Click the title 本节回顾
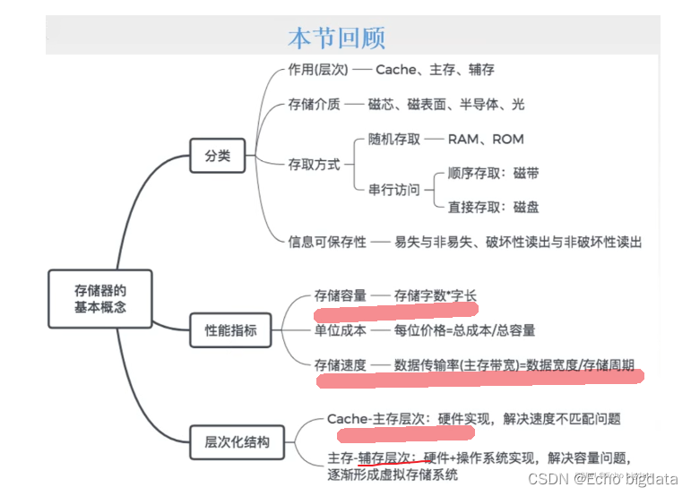[x=336, y=37]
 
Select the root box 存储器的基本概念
[x=99, y=298]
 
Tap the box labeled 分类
[x=217, y=155]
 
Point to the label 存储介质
[x=314, y=104]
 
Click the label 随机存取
[x=393, y=139]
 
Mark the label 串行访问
[x=393, y=189]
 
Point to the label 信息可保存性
[x=327, y=242]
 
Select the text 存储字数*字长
[x=436, y=295]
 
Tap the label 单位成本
[x=340, y=329]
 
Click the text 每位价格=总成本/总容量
[x=464, y=329]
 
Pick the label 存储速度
[x=340, y=364]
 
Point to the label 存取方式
[x=314, y=165]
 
